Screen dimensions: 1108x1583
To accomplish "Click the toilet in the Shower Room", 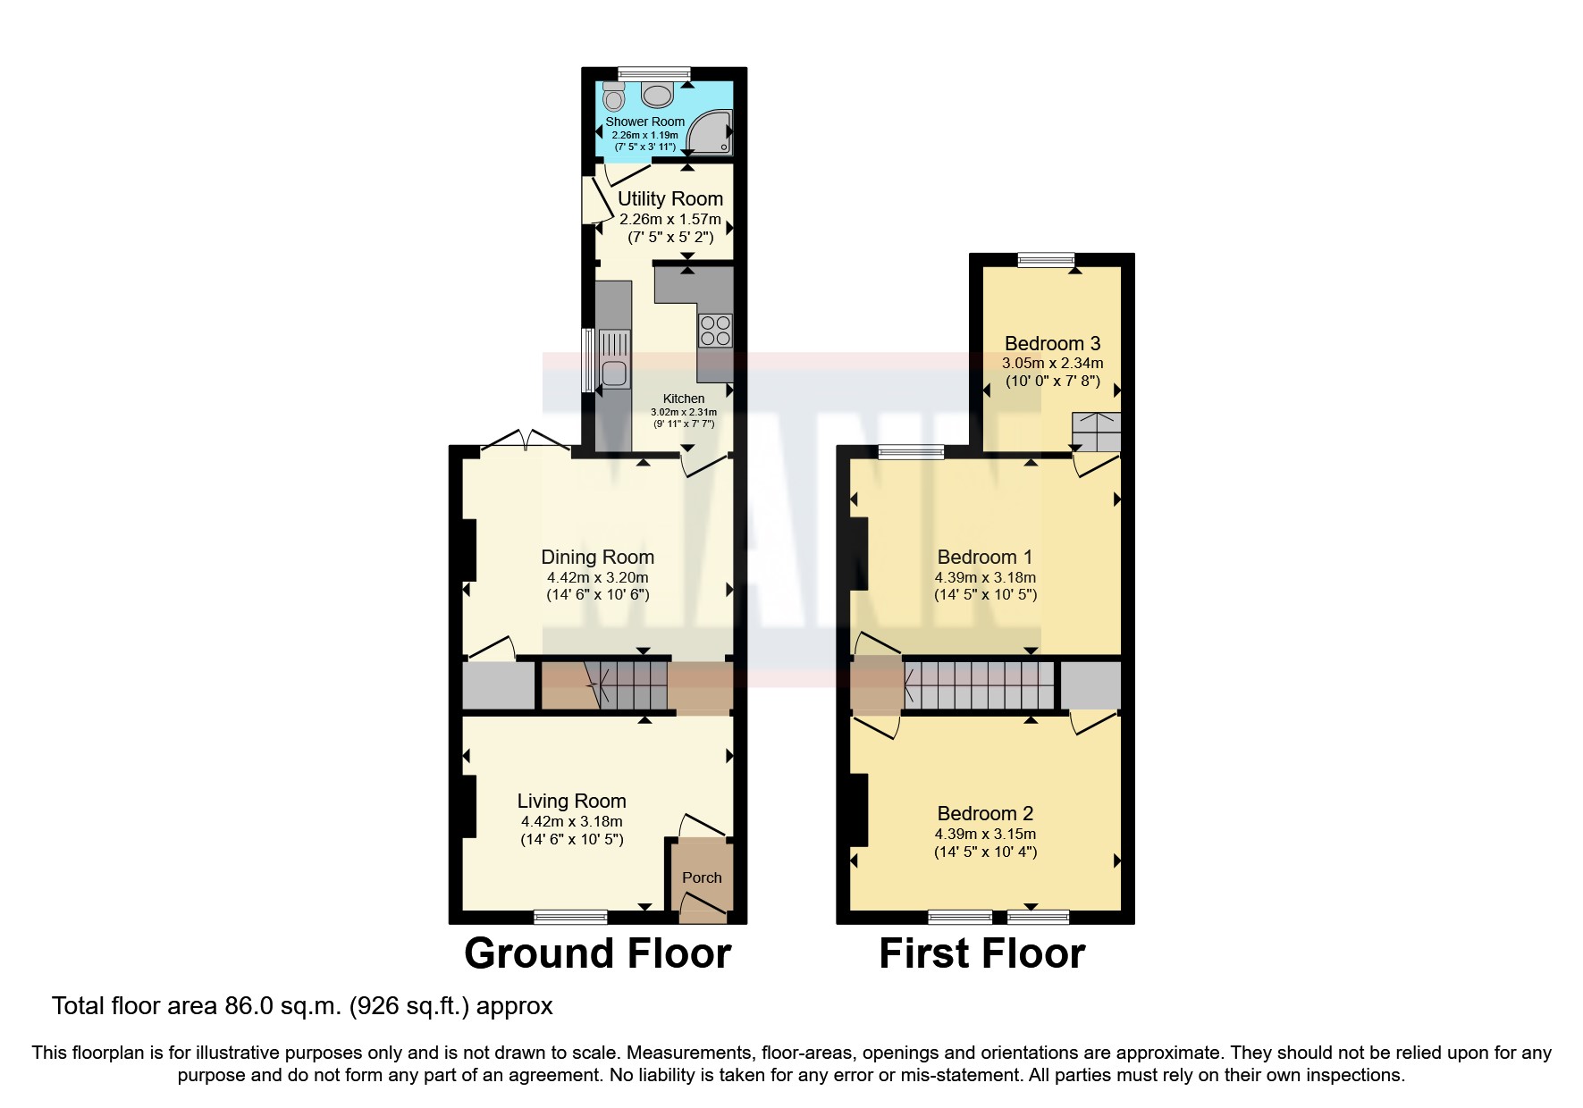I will (x=613, y=96).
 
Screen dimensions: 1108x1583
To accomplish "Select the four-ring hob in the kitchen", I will (x=715, y=330).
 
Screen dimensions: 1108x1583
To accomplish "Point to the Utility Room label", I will (x=670, y=198).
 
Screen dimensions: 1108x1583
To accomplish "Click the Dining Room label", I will (x=597, y=557).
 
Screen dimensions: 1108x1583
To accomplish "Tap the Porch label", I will (x=702, y=877).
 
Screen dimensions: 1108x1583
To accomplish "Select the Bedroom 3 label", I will (x=1052, y=343).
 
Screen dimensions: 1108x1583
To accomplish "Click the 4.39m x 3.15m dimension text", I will (x=985, y=834).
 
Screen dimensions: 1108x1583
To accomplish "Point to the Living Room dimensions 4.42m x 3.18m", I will (x=571, y=821).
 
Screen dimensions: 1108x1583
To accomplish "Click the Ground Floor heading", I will (x=597, y=953).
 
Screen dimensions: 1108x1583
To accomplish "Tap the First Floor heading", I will (x=981, y=953).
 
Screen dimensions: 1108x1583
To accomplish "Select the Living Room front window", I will (x=570, y=916).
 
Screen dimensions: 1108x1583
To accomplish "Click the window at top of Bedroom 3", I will (x=1046, y=260).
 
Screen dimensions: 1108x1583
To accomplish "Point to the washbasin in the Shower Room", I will (x=657, y=94).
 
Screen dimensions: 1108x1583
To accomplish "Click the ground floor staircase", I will (x=626, y=685).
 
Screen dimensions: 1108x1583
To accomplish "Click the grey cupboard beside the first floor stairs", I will (x=1090, y=685).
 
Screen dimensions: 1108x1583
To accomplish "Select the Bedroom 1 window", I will (x=911, y=452).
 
